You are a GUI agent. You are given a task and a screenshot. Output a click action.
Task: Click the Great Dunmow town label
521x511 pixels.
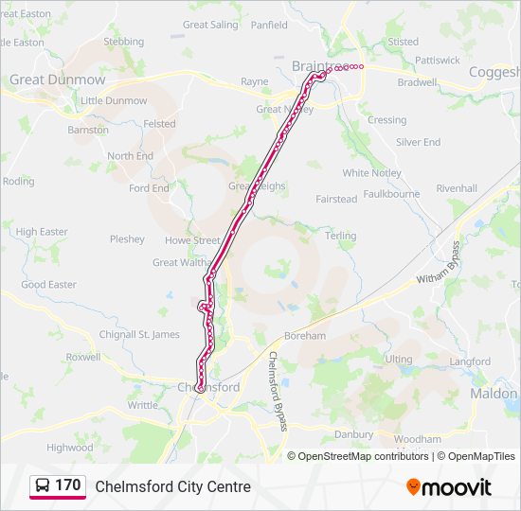57,80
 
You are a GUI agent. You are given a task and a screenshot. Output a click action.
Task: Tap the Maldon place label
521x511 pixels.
494,393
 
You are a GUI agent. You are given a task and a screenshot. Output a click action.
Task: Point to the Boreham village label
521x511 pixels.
304,336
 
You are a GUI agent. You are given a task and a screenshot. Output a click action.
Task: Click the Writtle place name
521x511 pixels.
143,405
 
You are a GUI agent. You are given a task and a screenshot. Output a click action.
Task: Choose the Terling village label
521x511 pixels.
340,236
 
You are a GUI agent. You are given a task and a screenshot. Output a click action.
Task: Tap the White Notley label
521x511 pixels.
371,173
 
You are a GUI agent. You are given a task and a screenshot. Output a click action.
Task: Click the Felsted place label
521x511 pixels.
159,124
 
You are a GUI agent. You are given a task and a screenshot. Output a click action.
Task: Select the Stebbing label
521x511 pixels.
123,42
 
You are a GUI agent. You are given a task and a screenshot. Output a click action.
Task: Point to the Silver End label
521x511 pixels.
418,142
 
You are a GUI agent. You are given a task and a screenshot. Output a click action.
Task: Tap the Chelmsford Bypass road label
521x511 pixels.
278,391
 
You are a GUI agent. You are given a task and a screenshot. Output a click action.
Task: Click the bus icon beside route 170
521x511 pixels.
43,486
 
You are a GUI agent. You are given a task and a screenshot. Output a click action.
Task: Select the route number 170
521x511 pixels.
68,485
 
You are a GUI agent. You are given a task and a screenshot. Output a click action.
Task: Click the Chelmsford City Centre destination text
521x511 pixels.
172,486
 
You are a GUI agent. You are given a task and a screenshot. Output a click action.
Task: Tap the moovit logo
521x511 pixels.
449,486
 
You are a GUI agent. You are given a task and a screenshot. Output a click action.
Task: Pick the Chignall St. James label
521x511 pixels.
139,334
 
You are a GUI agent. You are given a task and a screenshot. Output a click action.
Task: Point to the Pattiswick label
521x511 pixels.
437,60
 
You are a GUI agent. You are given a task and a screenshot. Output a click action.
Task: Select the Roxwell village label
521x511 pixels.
82,358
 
